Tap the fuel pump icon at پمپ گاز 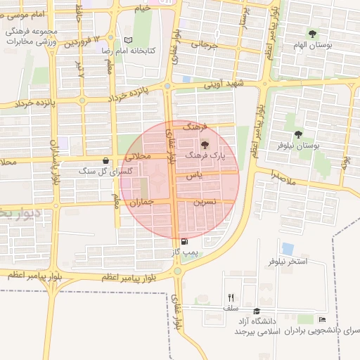[184, 241]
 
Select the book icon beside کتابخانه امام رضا [127, 41]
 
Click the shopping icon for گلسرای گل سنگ [105, 160]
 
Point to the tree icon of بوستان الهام [312, 34]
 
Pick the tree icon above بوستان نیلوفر [299, 133]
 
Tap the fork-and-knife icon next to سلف [231, 297]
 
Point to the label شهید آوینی [223, 84]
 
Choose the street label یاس [195, 176]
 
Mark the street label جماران [141, 202]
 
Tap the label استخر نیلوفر [288, 262]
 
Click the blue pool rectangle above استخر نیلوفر [287, 248]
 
